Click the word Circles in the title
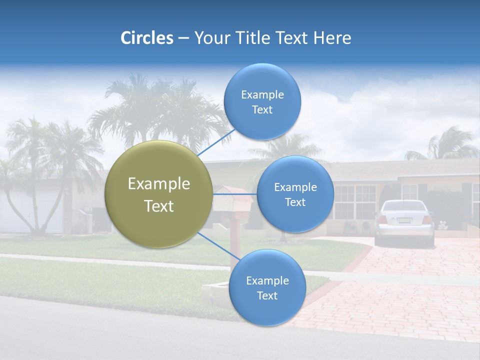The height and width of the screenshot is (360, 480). [146, 38]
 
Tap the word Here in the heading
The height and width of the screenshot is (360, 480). [332, 38]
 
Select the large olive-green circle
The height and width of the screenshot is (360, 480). [158, 194]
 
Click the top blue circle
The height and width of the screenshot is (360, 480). [262, 102]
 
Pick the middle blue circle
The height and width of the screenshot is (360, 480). [295, 194]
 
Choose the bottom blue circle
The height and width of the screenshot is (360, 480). [267, 287]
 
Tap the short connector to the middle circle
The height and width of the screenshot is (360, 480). [235, 194]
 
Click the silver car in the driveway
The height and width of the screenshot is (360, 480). [404, 222]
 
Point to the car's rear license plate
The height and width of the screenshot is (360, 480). [404, 220]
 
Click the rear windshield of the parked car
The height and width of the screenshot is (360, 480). [404, 206]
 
